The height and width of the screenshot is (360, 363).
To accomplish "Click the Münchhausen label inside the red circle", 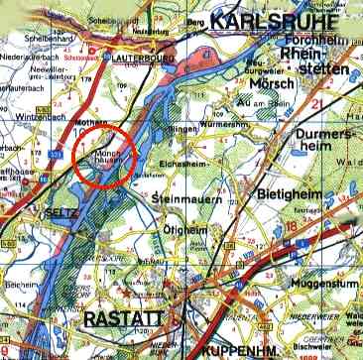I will point(109,160).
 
